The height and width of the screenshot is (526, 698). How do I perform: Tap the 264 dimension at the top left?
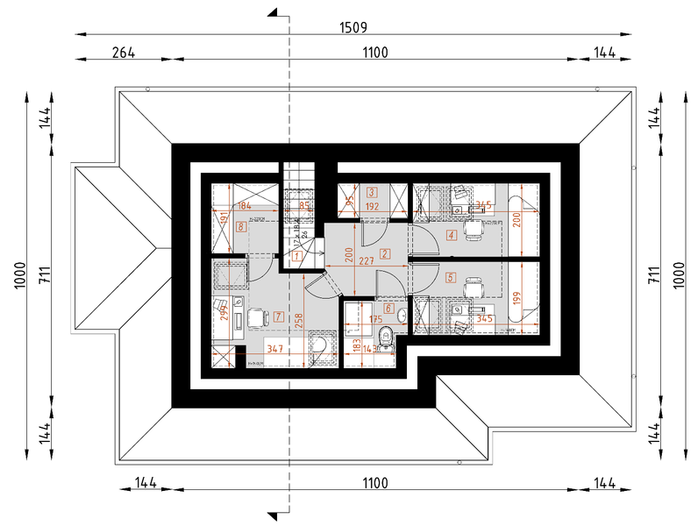tap(124, 53)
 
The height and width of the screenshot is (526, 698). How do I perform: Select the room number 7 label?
tap(277, 316)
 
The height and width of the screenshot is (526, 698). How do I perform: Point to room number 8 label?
tap(241, 227)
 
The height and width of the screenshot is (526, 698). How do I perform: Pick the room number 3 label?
tap(372, 192)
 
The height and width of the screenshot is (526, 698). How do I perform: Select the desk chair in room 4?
tap(474, 231)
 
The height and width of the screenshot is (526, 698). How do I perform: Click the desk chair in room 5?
tap(474, 286)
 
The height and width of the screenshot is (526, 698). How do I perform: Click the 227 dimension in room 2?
tap(367, 260)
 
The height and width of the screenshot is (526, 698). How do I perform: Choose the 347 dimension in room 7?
tap(275, 350)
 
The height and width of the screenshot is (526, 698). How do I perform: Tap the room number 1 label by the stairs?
tap(298, 256)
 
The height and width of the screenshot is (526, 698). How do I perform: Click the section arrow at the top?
tap(274, 12)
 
